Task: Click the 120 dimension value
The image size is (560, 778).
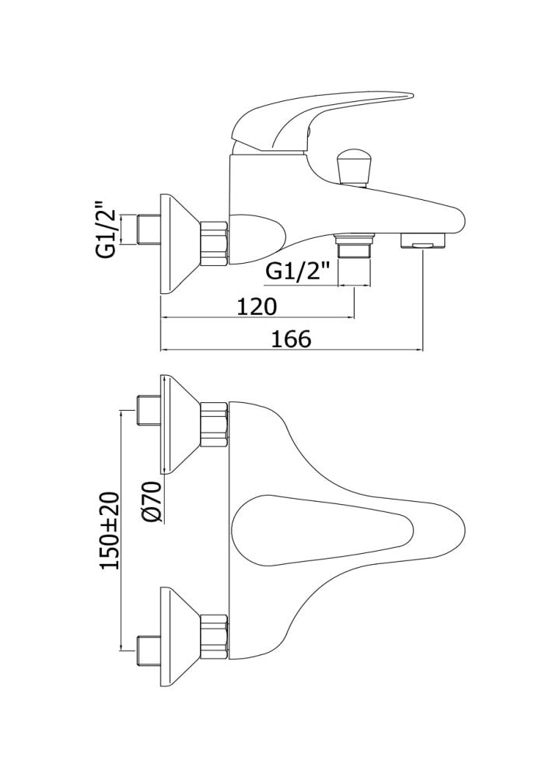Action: (x=256, y=307)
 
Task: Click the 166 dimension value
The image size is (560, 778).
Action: (x=291, y=339)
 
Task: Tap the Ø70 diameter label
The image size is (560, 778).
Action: (x=152, y=501)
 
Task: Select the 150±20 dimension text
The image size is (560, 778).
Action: (x=109, y=531)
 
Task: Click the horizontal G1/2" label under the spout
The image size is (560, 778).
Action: (x=299, y=272)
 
